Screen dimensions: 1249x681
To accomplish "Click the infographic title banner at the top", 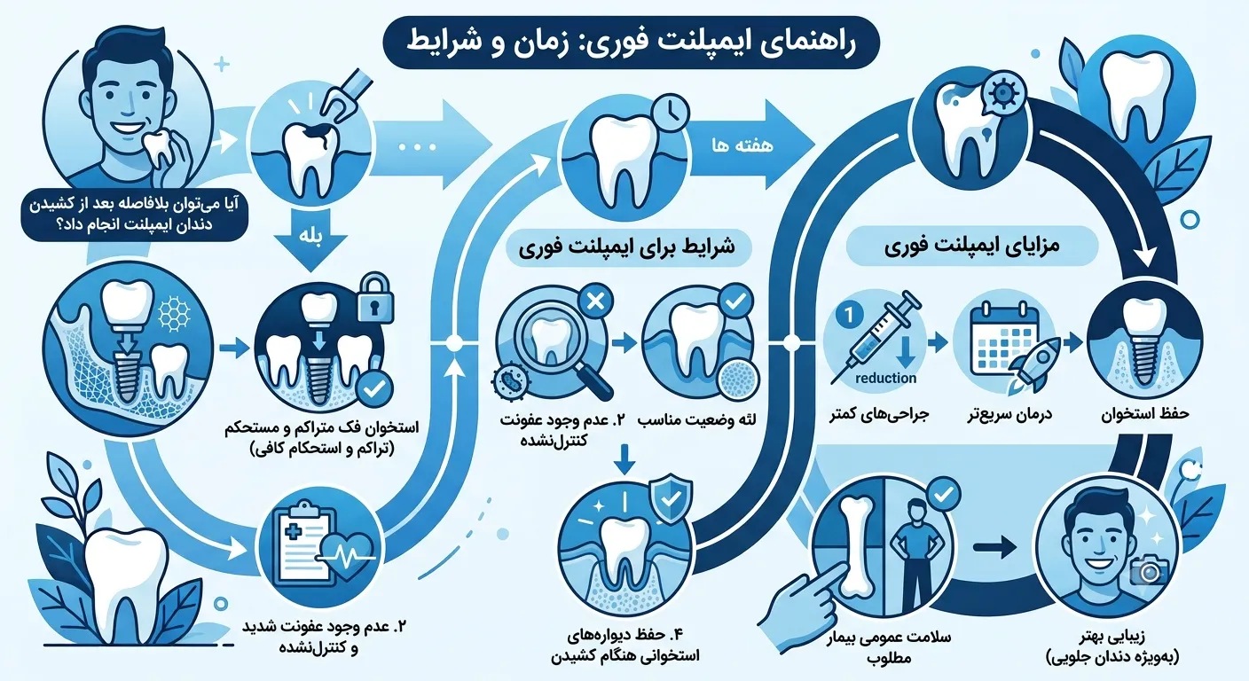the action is pos(632,43).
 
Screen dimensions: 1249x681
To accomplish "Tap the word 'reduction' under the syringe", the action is pos(885,379).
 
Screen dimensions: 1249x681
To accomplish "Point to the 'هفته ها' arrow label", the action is pos(742,146).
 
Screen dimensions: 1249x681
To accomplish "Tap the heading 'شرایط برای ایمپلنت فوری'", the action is pos(627,247).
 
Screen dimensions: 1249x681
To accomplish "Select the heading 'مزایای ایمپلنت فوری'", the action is pos(972,246).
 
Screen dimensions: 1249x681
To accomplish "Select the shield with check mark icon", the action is pos(672,499).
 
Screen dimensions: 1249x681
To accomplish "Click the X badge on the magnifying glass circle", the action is pos(595,301).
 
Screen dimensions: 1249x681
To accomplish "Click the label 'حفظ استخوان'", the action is pos(1144,413).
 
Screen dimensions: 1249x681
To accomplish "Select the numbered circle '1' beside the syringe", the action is pos(849,316).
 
